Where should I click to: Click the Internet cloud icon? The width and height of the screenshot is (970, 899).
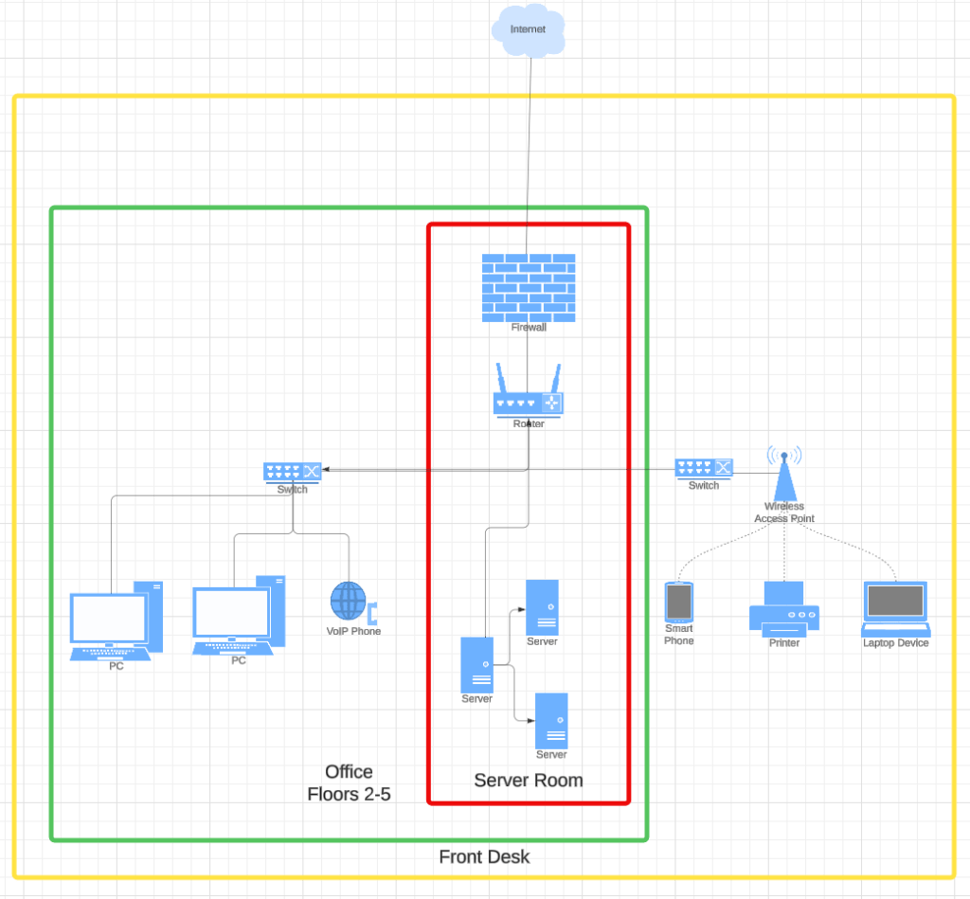tap(528, 30)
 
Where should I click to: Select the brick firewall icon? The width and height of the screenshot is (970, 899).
tap(528, 287)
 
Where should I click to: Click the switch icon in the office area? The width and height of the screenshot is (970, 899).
tap(293, 470)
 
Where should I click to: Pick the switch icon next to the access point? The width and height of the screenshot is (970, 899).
tap(704, 468)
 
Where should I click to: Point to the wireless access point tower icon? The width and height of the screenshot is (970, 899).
tap(783, 475)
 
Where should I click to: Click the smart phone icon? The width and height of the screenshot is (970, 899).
tap(678, 602)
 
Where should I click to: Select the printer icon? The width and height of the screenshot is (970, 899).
tap(783, 607)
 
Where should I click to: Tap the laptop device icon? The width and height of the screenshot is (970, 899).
tap(895, 608)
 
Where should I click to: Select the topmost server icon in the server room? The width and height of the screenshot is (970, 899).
tap(542, 607)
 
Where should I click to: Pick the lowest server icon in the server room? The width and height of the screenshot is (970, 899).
tap(551, 721)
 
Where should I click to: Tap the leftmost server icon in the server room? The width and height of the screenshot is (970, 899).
tap(476, 665)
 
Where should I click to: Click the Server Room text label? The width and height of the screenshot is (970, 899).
tap(529, 781)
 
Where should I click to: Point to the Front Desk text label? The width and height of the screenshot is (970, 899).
tap(484, 857)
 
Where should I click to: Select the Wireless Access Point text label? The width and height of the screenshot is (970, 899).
tap(783, 512)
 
